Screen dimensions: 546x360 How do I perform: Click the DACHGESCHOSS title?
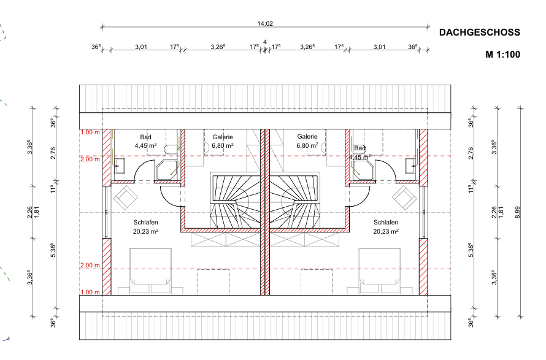coord(480,33)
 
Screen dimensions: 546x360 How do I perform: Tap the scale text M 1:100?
coord(503,55)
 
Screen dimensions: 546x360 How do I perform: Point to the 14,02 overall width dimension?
coord(265,24)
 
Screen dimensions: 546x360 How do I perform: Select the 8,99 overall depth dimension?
coord(517,212)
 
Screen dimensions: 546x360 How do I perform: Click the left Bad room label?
coord(145,137)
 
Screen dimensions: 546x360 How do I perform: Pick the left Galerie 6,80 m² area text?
coord(223,145)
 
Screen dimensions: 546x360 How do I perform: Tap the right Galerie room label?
coord(307,137)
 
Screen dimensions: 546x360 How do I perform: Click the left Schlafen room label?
coord(145,222)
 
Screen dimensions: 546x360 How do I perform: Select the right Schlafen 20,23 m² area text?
coord(386,231)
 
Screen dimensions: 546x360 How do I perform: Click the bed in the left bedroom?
coord(150,271)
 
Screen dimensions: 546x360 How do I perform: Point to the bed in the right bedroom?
coord(380,271)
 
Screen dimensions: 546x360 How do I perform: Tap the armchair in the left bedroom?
coord(125,197)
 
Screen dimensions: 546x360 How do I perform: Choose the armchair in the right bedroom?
coord(405,197)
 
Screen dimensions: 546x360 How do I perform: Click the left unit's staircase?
coord(236,201)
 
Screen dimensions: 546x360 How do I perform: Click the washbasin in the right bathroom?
coord(411,166)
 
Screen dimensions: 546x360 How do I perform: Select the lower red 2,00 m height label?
coord(90,266)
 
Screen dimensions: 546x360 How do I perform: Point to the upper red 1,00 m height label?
coord(90,132)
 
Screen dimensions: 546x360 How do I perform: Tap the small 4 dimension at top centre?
coord(265,42)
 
